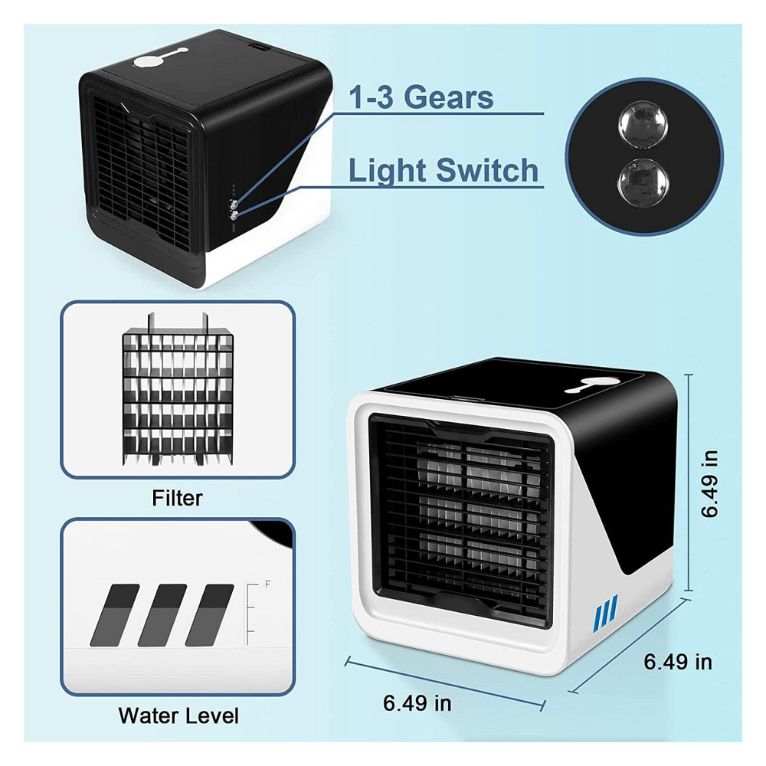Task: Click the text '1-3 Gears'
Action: click(421, 97)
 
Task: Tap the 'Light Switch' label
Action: click(443, 171)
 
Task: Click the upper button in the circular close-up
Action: click(643, 125)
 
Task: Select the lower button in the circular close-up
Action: click(643, 183)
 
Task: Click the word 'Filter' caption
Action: click(177, 498)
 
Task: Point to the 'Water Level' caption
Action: click(178, 715)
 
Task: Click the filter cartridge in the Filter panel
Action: click(178, 389)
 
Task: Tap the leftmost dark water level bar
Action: click(115, 615)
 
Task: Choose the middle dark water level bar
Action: click(162, 615)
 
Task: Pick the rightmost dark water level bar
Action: click(210, 615)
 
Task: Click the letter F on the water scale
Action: click(267, 583)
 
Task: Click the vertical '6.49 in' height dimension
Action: click(709, 483)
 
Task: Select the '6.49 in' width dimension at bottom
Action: click(417, 703)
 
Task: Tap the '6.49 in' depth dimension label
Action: click(678, 662)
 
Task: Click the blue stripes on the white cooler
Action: click(605, 614)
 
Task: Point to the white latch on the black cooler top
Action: click(160, 58)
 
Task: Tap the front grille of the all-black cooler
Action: click(142, 173)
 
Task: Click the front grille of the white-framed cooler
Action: click(462, 518)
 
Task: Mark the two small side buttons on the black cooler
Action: click(234, 209)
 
